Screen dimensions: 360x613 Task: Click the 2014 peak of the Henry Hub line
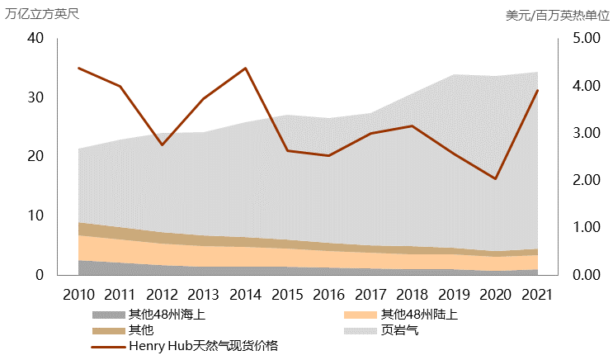pos(246,68)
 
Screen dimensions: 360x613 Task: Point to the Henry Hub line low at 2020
pos(496,178)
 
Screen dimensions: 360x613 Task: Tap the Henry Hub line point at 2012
pos(162,145)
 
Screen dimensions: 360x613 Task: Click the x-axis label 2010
pos(78,294)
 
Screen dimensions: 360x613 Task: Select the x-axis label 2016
pos(329,294)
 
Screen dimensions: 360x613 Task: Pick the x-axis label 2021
pos(537,294)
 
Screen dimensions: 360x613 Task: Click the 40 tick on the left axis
pos(35,38)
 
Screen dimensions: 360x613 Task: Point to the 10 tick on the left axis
pos(35,216)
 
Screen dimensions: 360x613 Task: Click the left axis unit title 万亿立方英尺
pos(42,14)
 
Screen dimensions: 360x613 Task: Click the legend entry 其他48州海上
pos(166,315)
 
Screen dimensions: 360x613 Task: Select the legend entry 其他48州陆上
pos(419,315)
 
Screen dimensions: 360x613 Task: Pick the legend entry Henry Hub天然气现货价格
pos(203,346)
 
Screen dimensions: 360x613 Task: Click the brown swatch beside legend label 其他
pos(108,330)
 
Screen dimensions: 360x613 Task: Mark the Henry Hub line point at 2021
pos(537,90)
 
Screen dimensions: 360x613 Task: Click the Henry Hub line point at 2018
pos(413,126)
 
